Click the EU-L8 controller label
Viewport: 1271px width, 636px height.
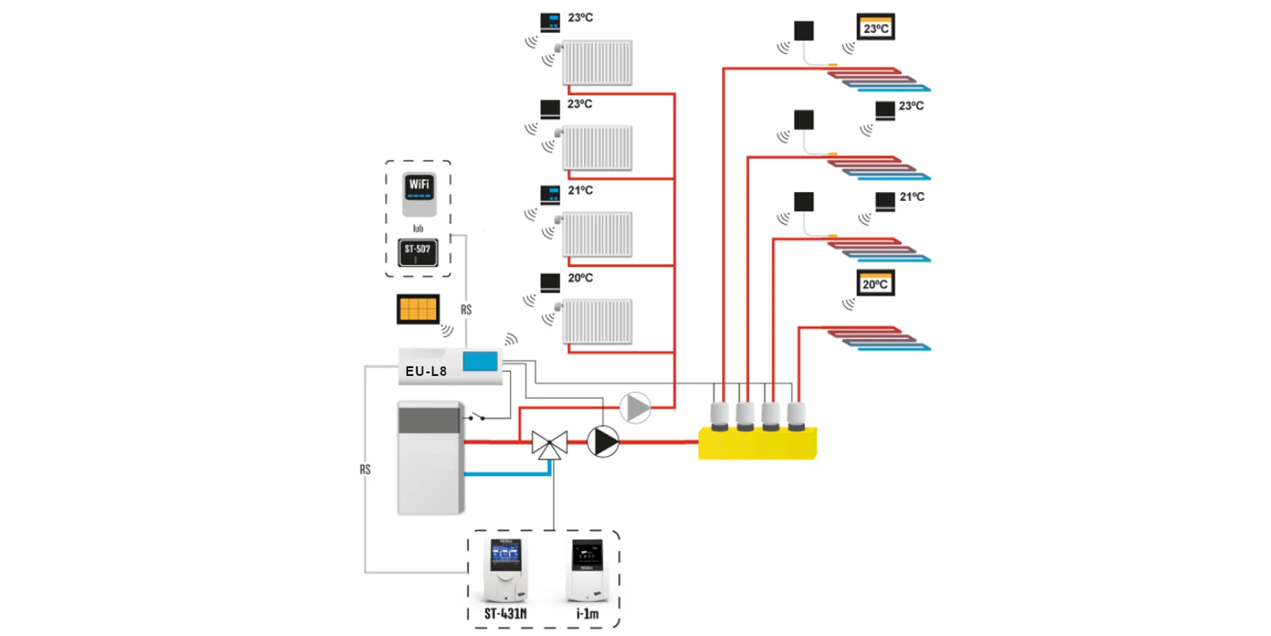click(426, 371)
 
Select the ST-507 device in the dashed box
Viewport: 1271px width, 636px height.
click(418, 252)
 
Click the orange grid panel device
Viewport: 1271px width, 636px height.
click(418, 309)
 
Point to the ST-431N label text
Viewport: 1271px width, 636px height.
click(505, 614)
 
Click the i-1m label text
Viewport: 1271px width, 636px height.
click(587, 614)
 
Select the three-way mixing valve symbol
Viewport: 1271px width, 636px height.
click(550, 444)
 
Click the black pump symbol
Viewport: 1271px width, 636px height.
click(602, 441)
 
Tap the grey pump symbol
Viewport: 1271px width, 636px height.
click(635, 408)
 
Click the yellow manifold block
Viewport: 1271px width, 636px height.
click(757, 443)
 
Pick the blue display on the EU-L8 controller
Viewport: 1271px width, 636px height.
click(480, 361)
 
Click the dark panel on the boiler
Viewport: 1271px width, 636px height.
click(428, 420)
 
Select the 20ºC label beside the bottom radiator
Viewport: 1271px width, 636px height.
click(580, 278)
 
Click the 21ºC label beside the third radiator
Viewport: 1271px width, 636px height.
click(580, 190)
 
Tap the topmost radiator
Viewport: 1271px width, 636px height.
click(597, 62)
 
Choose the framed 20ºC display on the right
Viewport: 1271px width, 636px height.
click(876, 284)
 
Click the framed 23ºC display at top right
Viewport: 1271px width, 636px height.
click(876, 27)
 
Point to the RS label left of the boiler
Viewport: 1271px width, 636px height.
click(365, 469)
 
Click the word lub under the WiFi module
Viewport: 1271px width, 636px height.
click(418, 228)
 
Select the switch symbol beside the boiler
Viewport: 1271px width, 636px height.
click(477, 417)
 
